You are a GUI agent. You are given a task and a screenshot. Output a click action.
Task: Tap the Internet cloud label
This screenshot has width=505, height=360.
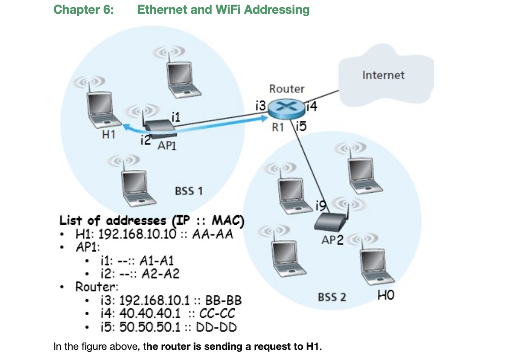tap(383, 75)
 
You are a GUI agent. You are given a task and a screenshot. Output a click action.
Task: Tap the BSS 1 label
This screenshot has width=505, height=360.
tap(188, 191)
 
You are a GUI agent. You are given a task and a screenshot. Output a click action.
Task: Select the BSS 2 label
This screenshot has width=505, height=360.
tap(332, 296)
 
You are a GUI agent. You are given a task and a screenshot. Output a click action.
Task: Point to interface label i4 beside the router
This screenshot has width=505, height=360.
tap(311, 107)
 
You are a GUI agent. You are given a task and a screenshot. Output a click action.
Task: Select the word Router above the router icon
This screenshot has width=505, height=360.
tap(287, 89)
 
